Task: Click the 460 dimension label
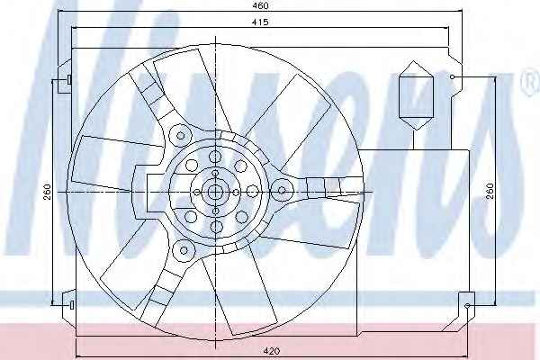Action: [x=260, y=5]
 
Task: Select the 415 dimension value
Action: [x=260, y=22]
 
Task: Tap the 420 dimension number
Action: [x=272, y=351]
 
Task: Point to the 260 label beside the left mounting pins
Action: [x=48, y=192]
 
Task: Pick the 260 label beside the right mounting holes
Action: [x=490, y=191]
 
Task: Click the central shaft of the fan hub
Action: [x=216, y=192]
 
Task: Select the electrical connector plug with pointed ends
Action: [x=415, y=95]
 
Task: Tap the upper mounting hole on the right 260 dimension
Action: [x=453, y=77]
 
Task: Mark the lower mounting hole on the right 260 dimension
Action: [x=467, y=306]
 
